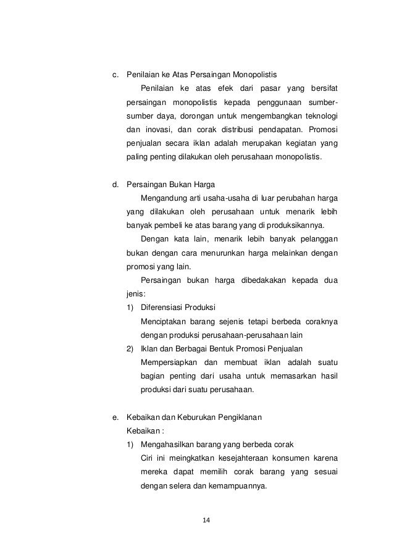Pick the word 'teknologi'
(x=319, y=116)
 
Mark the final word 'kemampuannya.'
(x=241, y=485)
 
